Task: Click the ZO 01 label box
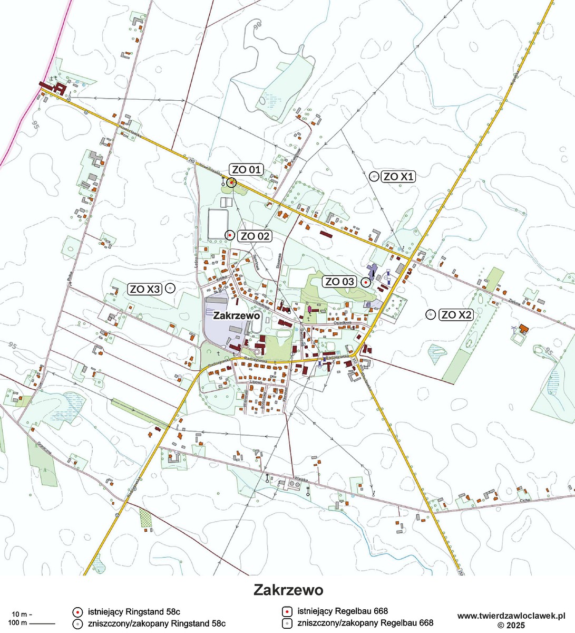[x=247, y=169]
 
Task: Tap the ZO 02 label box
[x=255, y=236]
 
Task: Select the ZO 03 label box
[x=340, y=282]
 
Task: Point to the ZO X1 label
[x=398, y=176]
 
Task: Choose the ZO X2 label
[x=456, y=315]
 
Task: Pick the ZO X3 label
[x=145, y=289]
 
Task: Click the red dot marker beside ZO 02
[x=229, y=235]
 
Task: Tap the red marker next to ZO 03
[x=365, y=282]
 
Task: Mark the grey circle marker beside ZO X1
[x=374, y=177]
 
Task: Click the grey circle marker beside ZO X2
[x=431, y=314]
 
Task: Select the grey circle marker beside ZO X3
[x=170, y=288]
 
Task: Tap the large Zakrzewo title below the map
[x=288, y=589]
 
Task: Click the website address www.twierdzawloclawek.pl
[x=511, y=616]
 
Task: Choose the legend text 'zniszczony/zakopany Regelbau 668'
[x=365, y=624]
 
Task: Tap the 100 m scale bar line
[x=42, y=624]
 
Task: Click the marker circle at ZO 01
[x=231, y=183]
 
